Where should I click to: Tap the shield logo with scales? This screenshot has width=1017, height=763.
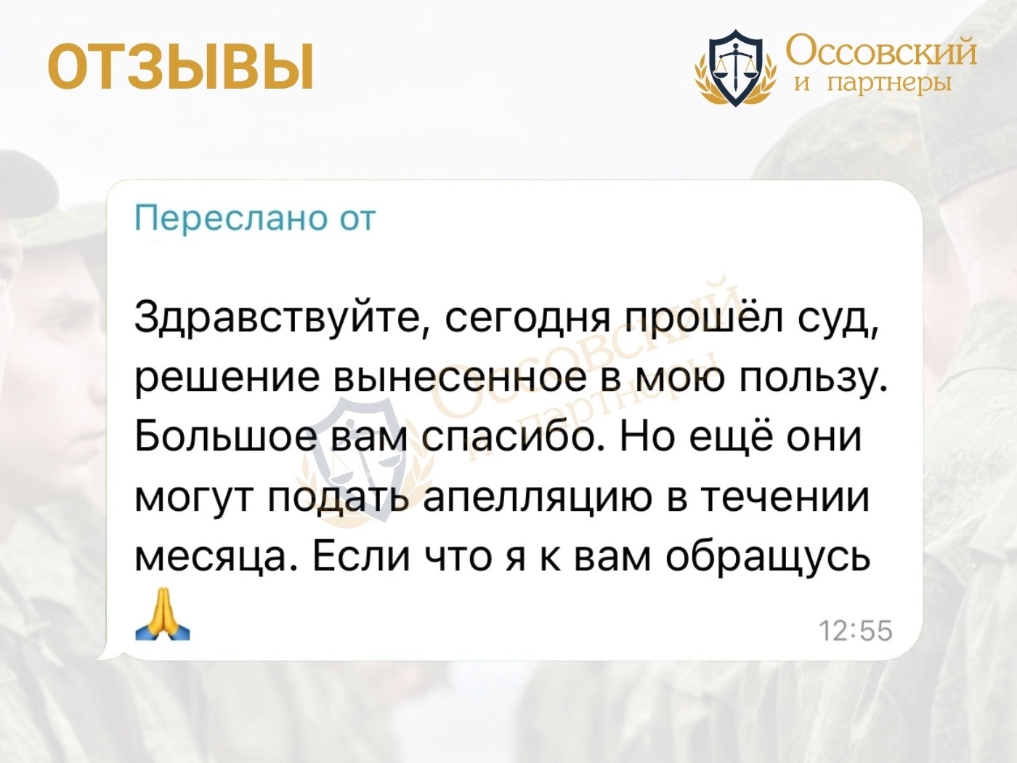736,68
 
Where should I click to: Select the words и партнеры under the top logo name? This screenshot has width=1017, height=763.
873,84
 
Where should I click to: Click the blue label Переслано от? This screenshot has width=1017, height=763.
255,219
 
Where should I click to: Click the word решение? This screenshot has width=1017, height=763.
227,379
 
